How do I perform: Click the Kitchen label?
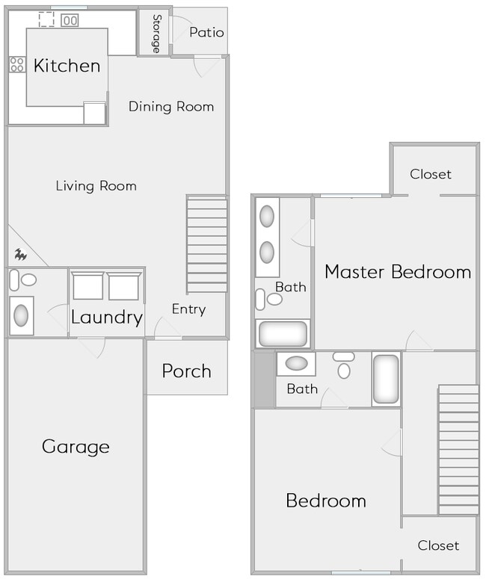67,66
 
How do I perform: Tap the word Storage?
156,34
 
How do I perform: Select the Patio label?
206,32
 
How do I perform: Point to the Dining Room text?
171,106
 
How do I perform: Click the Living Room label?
96,185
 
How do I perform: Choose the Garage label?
76,447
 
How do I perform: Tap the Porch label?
186,371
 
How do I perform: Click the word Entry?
188,309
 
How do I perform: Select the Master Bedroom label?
398,271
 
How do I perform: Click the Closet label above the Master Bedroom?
431,174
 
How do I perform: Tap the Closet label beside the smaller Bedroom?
438,545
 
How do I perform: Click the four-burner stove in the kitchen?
16,64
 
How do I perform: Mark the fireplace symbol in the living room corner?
21,255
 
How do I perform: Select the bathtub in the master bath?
283,333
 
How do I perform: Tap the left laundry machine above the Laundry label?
88,286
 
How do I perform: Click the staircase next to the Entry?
206,244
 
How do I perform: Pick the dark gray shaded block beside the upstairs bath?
264,380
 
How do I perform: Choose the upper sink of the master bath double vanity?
267,216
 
